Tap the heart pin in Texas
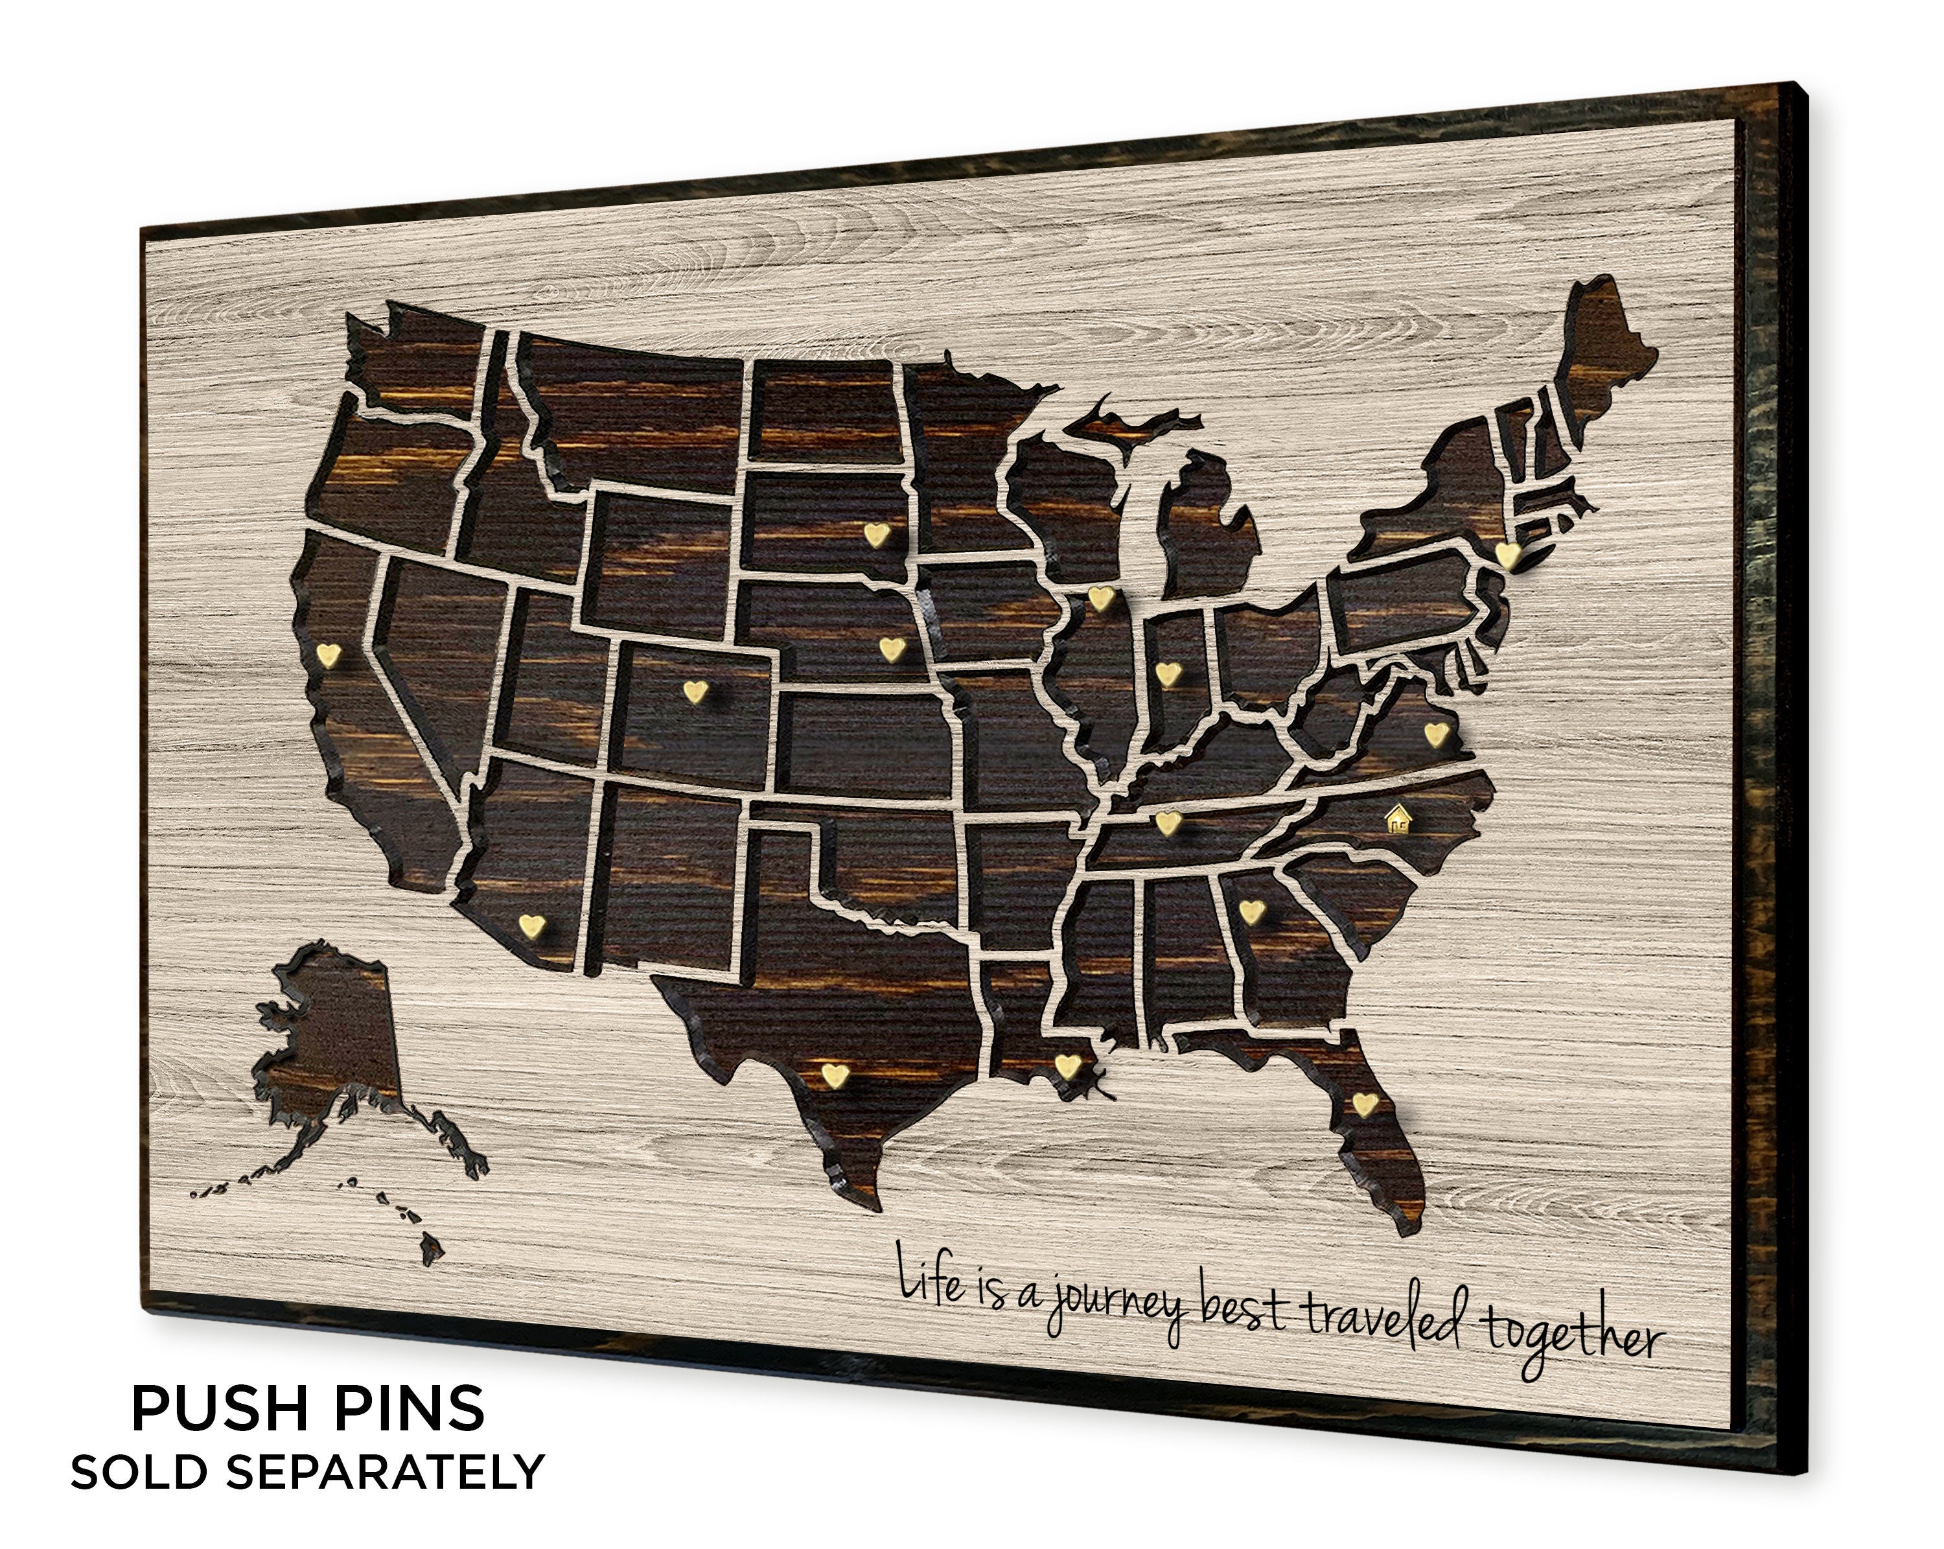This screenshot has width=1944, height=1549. [x=834, y=1074]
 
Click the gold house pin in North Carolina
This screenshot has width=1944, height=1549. [x=1398, y=818]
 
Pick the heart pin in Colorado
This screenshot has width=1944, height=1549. [x=694, y=692]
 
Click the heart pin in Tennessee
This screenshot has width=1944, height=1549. [x=1168, y=822]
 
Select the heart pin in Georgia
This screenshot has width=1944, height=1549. [x=1251, y=911]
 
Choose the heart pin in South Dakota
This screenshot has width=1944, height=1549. [x=875, y=535]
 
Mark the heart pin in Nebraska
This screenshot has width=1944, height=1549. [x=891, y=648]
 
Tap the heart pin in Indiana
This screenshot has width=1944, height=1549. [x=1168, y=673]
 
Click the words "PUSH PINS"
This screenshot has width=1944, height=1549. [x=308, y=1408]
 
